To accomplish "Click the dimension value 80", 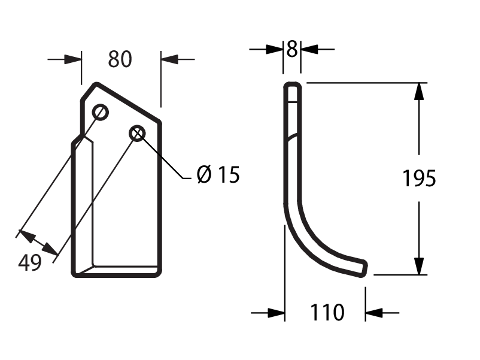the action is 120,59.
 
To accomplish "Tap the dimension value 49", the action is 30,262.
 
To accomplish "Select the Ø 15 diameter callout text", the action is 218,174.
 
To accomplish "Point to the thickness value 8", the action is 291,49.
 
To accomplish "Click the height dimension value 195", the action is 419,179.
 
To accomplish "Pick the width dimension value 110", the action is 327,313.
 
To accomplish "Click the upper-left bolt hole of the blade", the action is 101,113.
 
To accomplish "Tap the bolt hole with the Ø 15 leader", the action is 137,133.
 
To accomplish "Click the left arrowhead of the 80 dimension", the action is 73,59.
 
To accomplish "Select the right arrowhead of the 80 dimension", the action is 169,59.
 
